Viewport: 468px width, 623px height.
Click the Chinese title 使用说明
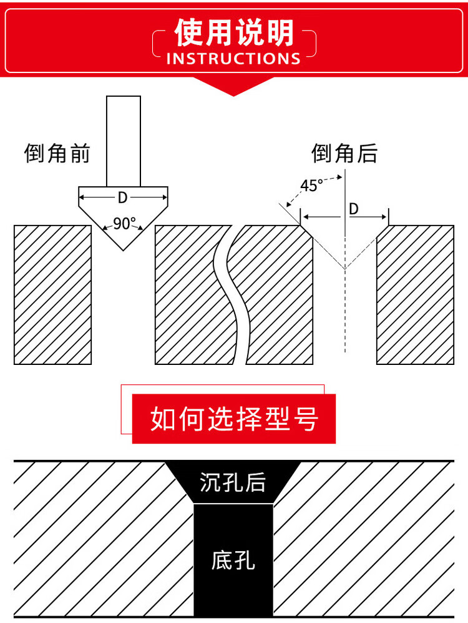(x=234, y=32)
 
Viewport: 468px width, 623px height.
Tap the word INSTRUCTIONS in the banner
(x=234, y=59)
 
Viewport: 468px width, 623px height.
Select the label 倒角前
(x=57, y=153)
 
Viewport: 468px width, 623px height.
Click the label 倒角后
(x=345, y=153)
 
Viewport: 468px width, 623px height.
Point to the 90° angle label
(x=124, y=224)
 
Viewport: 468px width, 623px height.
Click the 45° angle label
(x=311, y=186)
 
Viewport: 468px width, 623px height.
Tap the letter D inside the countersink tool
(x=123, y=197)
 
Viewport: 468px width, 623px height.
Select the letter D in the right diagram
(x=354, y=209)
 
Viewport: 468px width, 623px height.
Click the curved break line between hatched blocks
(x=232, y=294)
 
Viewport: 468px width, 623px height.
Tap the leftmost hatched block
(x=53, y=294)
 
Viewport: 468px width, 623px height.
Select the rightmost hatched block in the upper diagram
(x=415, y=294)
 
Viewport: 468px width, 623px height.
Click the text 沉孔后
(x=233, y=482)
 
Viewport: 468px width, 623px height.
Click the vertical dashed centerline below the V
(x=345, y=312)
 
